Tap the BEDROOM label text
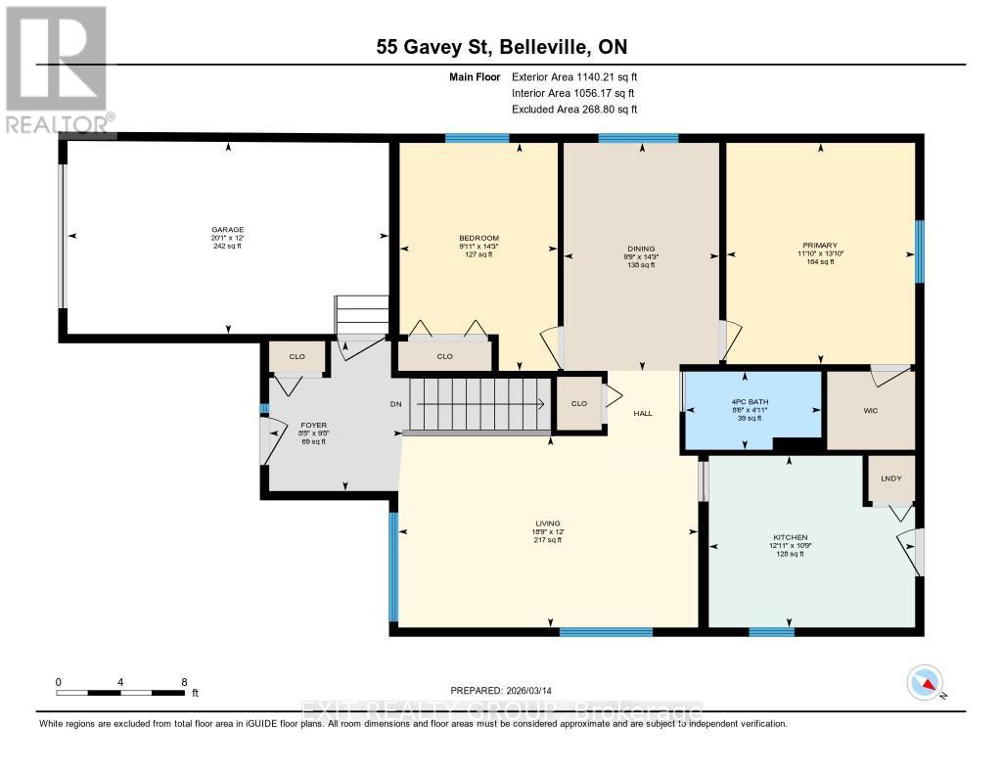click(x=479, y=239)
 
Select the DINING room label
click(x=641, y=249)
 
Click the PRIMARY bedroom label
click(x=820, y=246)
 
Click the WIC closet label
click(x=870, y=410)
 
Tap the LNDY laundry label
click(x=890, y=478)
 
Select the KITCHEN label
click(x=790, y=538)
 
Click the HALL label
click(x=642, y=414)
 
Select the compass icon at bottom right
click(x=924, y=683)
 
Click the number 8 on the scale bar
click(x=183, y=681)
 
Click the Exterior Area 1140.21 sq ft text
click(x=574, y=76)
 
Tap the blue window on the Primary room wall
click(x=919, y=252)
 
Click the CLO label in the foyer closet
click(x=297, y=357)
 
